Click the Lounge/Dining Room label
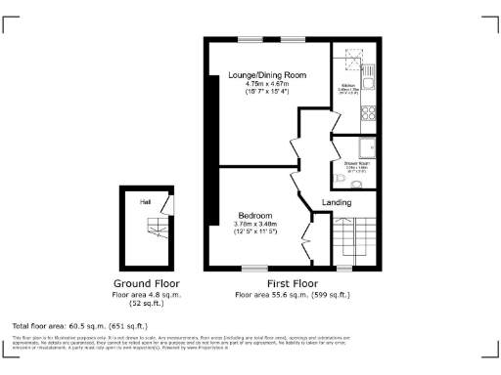(x=267, y=75)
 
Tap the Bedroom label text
(x=255, y=215)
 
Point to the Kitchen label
(x=347, y=86)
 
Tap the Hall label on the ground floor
(x=145, y=201)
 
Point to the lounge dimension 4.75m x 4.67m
(x=267, y=84)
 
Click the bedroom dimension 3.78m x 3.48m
(x=255, y=224)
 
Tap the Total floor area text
(x=79, y=324)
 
